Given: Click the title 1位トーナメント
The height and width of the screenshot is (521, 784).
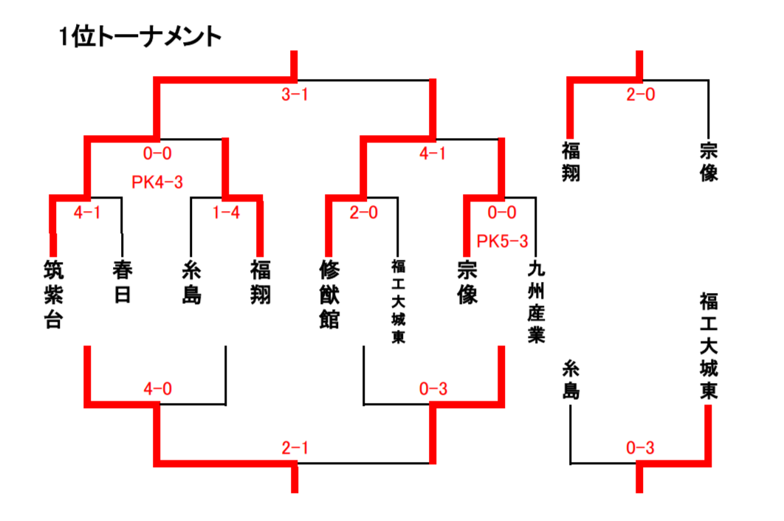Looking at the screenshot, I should coord(140,36).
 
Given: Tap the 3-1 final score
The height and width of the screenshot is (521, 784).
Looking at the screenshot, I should coord(295,94).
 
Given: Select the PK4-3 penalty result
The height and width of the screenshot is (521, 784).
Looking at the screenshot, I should coord(157,182).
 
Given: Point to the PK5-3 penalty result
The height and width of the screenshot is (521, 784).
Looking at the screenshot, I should coord(502,241).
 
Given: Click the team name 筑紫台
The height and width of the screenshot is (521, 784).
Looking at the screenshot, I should coord(54,294).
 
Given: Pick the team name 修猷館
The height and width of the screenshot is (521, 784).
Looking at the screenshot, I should coord(329,294).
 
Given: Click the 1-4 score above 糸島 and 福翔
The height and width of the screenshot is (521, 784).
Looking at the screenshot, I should coord(225,213).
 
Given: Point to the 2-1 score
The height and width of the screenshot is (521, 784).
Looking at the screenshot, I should coord(295,448).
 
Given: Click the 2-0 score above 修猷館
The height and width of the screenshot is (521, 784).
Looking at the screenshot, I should coord(363,213).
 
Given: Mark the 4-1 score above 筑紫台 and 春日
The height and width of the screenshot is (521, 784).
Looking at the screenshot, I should coord(87,213).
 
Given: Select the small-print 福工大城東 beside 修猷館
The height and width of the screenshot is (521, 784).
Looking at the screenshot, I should coord(398,301).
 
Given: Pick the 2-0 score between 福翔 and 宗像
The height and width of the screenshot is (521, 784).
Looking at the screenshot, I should coord(640,94).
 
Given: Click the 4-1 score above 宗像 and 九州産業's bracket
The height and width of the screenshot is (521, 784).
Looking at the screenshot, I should coord(433,153).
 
